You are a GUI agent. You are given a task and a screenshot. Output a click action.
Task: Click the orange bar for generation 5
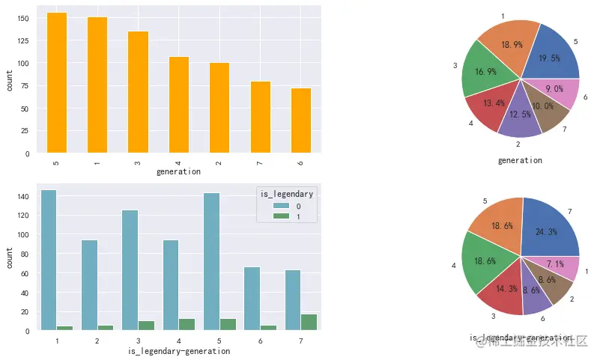pyautogui.click(x=57, y=82)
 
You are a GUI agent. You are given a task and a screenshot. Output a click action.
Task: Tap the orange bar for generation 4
pyautogui.click(x=179, y=104)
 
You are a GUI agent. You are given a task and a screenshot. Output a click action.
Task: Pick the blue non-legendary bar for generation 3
pyautogui.click(x=130, y=270)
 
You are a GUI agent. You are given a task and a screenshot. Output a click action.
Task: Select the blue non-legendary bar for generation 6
pyautogui.click(x=252, y=299)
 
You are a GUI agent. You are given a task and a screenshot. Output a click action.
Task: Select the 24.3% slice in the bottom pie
pyautogui.click(x=551, y=228)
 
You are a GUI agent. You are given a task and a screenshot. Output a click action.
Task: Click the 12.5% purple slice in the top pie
pyautogui.click(x=519, y=118)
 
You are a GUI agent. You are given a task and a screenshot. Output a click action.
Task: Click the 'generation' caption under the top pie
pyautogui.click(x=520, y=160)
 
